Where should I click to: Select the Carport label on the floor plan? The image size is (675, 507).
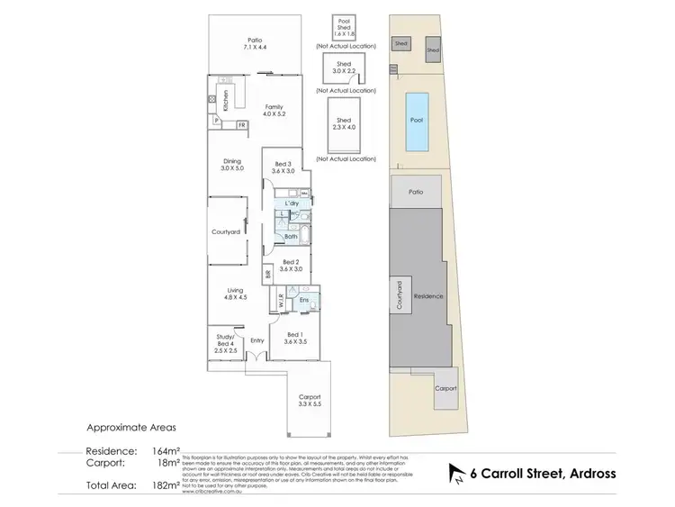[309, 401]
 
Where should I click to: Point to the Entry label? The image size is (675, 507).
[257, 340]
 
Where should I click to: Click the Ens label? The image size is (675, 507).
[304, 299]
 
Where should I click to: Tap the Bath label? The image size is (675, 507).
[290, 237]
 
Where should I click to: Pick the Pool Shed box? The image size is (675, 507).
[343, 28]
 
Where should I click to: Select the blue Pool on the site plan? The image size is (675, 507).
[416, 120]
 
